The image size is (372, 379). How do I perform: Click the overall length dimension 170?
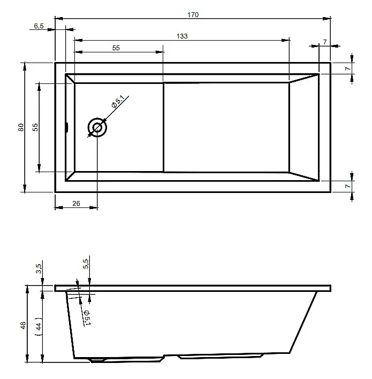coord(193,15)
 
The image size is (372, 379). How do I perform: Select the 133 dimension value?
coord(182,36)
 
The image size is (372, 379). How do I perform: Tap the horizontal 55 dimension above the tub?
coord(116,48)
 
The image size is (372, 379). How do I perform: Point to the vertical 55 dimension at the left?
coord(35,127)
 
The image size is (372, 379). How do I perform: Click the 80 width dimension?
coord(21,127)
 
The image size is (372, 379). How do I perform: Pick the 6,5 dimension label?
coord(39,26)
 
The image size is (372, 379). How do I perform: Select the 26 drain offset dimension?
coord(76,204)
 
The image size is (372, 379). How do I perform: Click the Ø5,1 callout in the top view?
coord(118,102)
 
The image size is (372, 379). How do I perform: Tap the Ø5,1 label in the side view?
coord(87,318)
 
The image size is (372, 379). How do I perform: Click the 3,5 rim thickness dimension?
coord(39,268)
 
